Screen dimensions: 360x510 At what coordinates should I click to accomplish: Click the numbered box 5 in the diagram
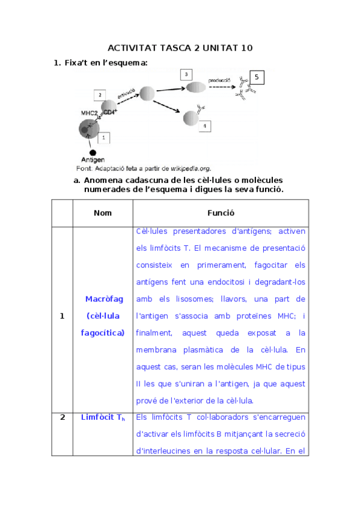point(257,77)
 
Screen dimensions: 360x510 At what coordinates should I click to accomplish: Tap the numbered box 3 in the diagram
point(187,74)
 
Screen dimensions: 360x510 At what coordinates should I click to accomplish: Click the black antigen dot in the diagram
point(93,152)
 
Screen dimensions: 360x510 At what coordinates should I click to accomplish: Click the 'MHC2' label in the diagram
point(90,113)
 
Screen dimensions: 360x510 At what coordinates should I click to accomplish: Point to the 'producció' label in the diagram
point(219,80)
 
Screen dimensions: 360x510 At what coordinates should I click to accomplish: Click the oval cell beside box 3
point(195,88)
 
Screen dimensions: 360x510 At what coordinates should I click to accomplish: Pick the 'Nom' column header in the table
point(103,213)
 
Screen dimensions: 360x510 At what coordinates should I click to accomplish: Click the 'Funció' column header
point(221,213)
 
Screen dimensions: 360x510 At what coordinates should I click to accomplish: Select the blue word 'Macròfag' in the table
point(105,299)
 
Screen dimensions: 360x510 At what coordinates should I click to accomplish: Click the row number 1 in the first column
point(62,316)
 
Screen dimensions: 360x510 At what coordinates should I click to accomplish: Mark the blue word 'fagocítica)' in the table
point(105,333)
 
